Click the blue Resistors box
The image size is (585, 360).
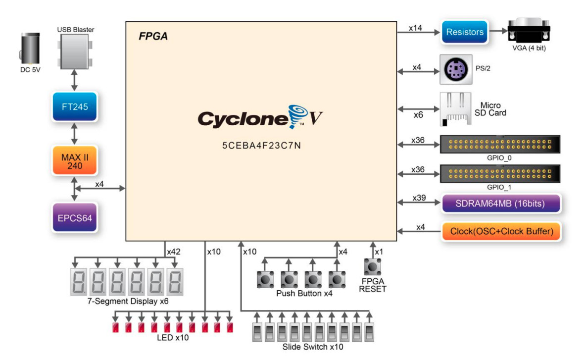464,32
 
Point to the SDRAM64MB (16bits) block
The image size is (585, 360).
500,204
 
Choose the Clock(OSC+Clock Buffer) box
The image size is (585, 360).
500,231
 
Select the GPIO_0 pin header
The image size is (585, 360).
500,145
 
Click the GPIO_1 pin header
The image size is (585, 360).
500,174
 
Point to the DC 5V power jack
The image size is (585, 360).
30,49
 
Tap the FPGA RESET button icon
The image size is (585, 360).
372,267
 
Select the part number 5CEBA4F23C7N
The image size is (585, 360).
261,148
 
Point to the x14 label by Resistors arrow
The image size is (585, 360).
416,28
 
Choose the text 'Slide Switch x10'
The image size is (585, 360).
312,347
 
